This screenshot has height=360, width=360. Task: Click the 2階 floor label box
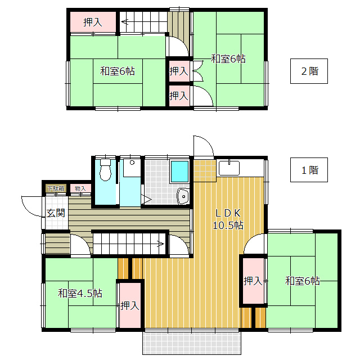[309, 71]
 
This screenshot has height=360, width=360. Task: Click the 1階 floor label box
[309, 170]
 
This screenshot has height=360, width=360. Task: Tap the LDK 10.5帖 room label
[227, 219]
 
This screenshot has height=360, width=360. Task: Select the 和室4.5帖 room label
[80, 293]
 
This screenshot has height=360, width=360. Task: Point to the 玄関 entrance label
[55, 213]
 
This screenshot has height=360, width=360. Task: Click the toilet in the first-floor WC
[105, 170]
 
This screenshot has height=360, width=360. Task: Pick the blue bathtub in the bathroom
[179, 170]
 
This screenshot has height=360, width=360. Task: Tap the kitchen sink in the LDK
[229, 168]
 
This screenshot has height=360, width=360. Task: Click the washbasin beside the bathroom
[183, 196]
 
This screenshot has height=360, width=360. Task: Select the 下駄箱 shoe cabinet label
[55, 188]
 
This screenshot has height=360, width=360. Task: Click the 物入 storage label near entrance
[80, 188]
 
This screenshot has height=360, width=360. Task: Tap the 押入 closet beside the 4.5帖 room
[129, 305]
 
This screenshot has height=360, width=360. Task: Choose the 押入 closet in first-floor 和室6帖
[253, 281]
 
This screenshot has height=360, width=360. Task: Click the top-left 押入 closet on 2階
[92, 22]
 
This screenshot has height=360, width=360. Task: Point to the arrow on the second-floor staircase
[125, 22]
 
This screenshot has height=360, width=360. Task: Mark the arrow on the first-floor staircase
[160, 244]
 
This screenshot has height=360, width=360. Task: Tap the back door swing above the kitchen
[203, 145]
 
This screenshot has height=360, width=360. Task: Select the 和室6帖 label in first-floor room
[302, 281]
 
